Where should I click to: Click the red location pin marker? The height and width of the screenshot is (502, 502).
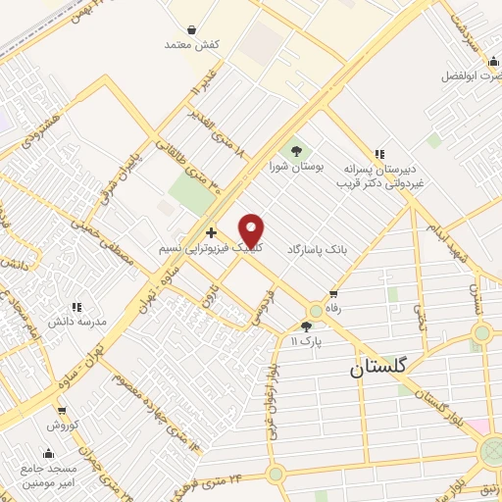[252, 231]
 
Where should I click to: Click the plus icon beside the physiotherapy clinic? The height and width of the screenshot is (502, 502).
[211, 233]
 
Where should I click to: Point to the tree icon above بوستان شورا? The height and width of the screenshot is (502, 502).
[295, 150]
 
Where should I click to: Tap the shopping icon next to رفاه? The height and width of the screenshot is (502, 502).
[333, 292]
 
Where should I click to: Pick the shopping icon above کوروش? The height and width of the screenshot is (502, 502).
[61, 411]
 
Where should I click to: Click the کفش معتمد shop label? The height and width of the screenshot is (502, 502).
[189, 44]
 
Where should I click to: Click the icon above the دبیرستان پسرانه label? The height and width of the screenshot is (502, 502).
[379, 154]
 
